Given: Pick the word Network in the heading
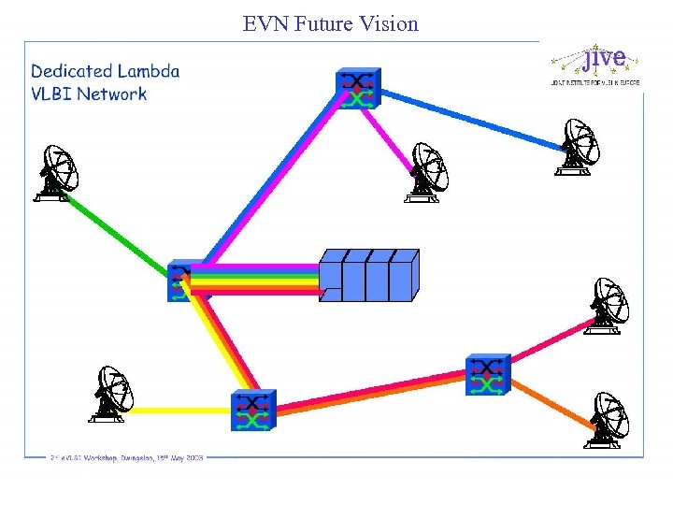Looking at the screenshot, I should point(112,94).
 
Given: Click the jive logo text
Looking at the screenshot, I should point(603,57).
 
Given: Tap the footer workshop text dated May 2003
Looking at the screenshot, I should point(127,457).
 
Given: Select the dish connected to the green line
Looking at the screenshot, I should point(58,173).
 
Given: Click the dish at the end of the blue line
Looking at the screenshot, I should point(578,148).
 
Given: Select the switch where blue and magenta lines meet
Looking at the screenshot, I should point(358,88).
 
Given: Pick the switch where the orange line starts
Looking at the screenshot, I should point(487,375).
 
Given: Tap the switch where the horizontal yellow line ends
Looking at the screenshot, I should point(253,410).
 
